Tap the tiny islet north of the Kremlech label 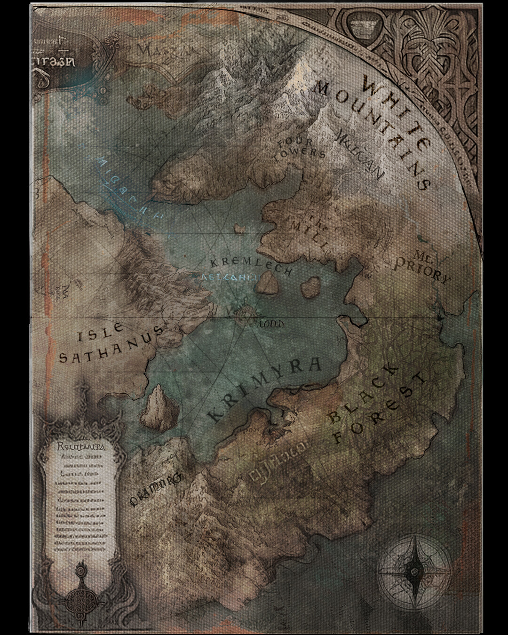[241, 229]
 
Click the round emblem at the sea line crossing [245, 315]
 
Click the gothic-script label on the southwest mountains [155, 492]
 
